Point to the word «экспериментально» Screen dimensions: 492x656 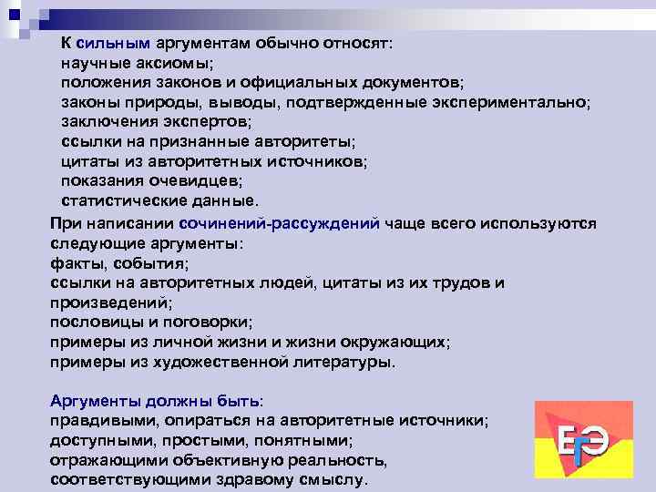510,102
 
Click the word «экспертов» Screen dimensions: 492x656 207,122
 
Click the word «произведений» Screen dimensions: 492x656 109,302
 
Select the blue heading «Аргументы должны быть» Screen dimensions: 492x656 154,401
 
